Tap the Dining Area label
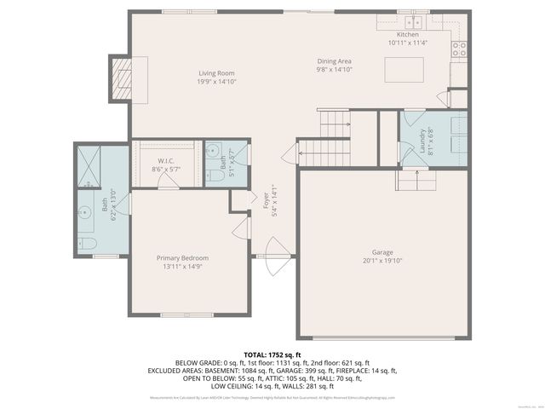click(334, 61)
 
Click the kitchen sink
click(415, 23)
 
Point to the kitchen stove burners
click(458, 48)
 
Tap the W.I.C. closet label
click(166, 161)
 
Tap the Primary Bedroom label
click(182, 258)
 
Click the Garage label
click(382, 252)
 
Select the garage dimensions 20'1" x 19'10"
click(382, 261)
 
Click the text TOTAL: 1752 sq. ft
click(272, 354)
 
